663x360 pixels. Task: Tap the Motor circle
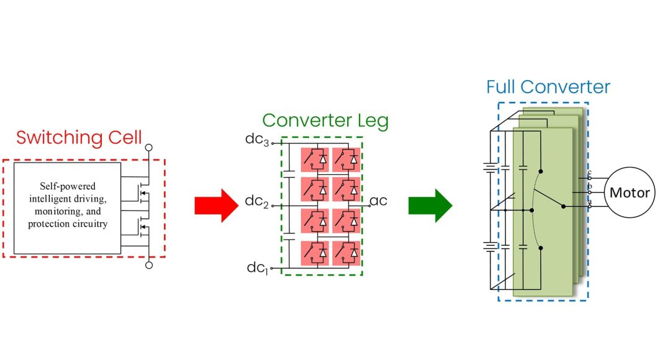click(629, 192)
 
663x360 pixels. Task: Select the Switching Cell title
click(79, 138)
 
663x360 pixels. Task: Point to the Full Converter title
click(548, 87)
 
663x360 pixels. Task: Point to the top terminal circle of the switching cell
click(149, 148)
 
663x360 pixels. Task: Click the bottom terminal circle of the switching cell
click(149, 265)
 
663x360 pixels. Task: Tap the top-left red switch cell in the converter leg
click(315, 160)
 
